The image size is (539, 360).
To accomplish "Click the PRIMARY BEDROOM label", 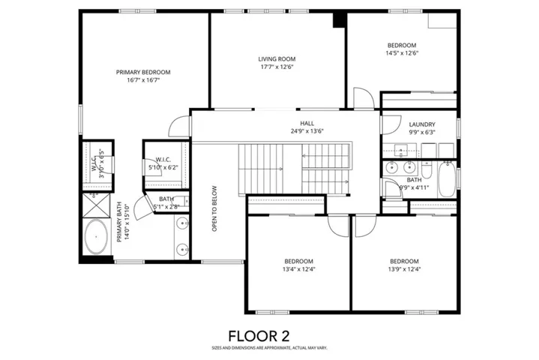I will (142, 72).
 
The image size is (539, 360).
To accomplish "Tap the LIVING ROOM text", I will (277, 58).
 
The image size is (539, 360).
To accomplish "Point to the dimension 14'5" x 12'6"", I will (401, 53).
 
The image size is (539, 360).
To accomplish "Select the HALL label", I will (307, 124).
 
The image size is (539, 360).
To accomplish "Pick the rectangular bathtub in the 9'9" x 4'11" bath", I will (447, 181).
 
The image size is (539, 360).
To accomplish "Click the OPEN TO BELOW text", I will (214, 208).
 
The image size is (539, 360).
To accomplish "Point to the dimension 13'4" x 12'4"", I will (298, 268).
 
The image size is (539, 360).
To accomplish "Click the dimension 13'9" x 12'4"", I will (403, 268).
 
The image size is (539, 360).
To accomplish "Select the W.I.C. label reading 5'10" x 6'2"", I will (163, 163).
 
